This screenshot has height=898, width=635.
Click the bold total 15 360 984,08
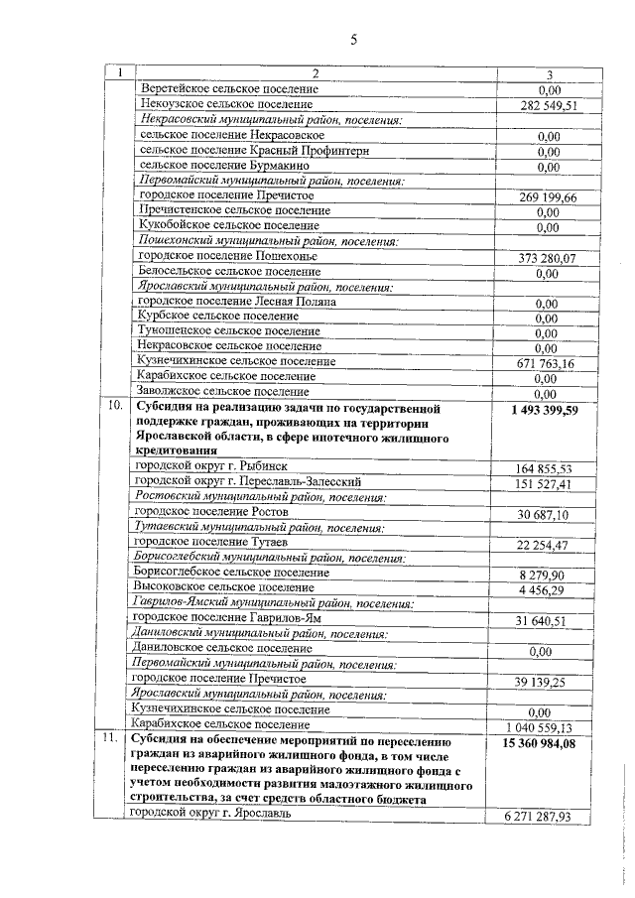pyautogui.click(x=540, y=741)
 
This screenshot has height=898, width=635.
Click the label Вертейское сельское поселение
pyautogui.click(x=229, y=88)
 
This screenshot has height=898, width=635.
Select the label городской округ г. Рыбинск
pyautogui.click(x=210, y=467)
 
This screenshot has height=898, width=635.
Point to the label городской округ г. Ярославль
pyautogui.click(x=215, y=814)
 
